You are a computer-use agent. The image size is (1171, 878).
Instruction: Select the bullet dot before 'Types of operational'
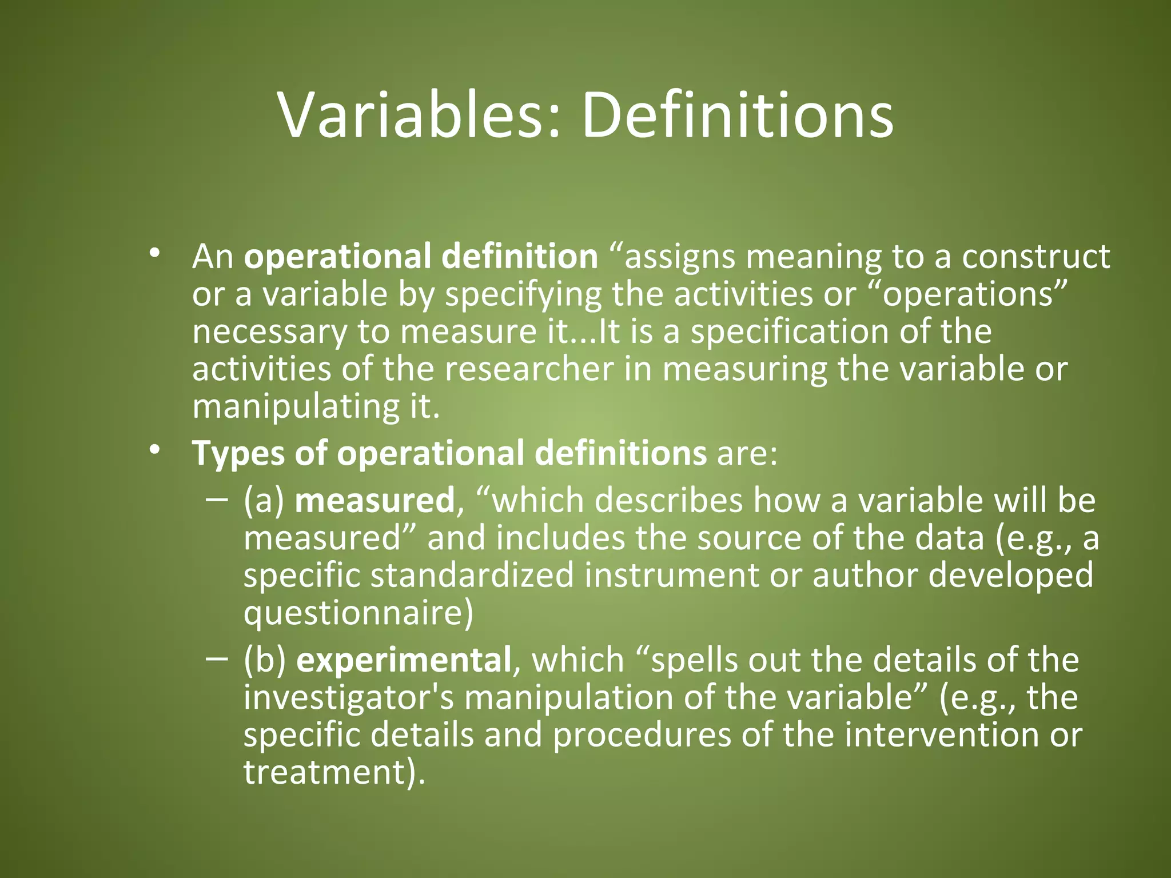pos(153,450)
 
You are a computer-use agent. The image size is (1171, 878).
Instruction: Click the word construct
pos(1035,256)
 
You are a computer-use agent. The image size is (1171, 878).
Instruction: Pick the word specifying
pos(523,295)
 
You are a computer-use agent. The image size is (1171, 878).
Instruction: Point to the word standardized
pos(472,574)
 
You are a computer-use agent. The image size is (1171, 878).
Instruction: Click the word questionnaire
pos(358,613)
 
